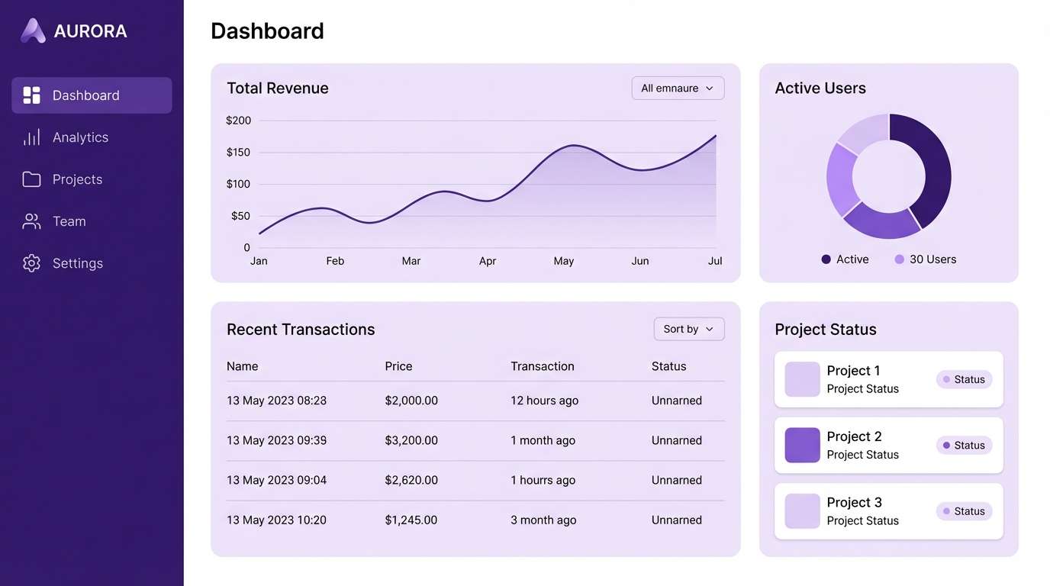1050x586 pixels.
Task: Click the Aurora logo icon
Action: [33, 31]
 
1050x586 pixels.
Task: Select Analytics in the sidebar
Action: [80, 137]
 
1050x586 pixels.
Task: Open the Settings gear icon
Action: [31, 263]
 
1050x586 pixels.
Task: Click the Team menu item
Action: [69, 221]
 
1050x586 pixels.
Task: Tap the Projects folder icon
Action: [31, 179]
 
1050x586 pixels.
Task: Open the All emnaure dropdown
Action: [678, 89]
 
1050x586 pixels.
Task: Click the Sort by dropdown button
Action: [688, 329]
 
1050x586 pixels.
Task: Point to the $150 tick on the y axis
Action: [238, 153]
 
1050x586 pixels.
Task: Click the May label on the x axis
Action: [563, 261]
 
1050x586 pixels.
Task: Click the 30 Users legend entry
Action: [926, 259]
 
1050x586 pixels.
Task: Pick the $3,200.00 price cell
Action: [411, 440]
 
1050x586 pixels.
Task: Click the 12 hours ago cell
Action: [544, 401]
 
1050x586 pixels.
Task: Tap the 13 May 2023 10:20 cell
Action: [276, 520]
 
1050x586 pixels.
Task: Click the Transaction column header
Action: [542, 366]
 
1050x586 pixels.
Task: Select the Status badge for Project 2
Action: [964, 446]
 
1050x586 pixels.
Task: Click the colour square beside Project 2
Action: [802, 445]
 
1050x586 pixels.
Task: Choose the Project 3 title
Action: [854, 502]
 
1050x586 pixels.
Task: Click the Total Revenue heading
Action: [278, 89]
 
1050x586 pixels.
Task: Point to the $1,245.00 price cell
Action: [411, 520]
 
